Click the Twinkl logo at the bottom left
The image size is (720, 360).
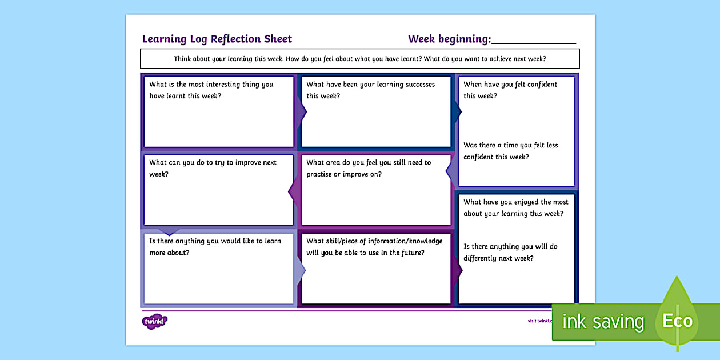coord(154,322)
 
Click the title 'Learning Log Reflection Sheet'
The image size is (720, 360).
coord(217,39)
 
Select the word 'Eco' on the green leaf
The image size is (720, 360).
coord(677,321)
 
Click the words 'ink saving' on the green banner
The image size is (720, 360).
coord(603,322)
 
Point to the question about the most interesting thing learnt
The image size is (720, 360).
coord(211,90)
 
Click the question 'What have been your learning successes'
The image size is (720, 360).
coord(370,90)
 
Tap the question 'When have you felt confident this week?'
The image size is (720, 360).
coord(510,90)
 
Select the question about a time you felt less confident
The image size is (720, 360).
coord(510,151)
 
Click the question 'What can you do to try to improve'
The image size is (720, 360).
coord(213,168)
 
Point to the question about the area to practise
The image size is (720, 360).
coord(369,168)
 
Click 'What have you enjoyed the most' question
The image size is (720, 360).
coord(515,207)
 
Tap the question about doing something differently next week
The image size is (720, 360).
coord(510,252)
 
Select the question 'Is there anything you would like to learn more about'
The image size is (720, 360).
coord(215,246)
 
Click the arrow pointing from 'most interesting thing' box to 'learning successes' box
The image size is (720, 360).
coord(301,111)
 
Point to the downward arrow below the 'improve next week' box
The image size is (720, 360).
coord(168,231)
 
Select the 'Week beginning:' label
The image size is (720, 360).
coord(449,39)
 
